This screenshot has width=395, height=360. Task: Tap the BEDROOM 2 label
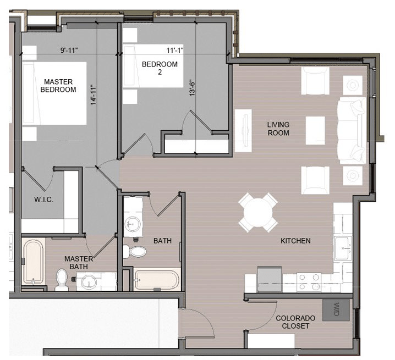pos(160,68)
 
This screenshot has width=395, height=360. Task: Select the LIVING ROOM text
pos(278,129)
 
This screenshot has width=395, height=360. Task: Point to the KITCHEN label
pos(295,241)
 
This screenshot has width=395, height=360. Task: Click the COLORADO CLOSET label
pos(295,322)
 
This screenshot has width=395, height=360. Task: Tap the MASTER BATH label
pos(78,263)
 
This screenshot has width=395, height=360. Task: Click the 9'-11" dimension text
pos(69,51)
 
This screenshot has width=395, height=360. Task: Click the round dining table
pos(258,212)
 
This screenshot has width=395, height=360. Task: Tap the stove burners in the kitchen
pos(309,281)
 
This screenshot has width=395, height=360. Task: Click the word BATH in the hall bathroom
pos(162,241)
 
